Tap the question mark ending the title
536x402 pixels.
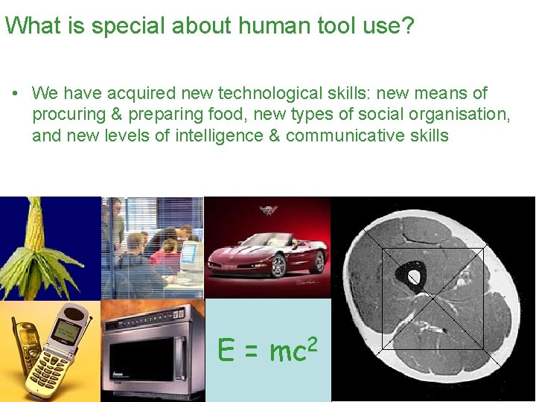pyautogui.click(x=408, y=27)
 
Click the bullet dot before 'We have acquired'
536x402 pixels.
pyautogui.click(x=14, y=94)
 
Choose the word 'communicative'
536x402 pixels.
pyautogui.click(x=346, y=135)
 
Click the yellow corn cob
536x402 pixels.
pyautogui.click(x=33, y=223)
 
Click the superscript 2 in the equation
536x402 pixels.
pyautogui.click(x=313, y=343)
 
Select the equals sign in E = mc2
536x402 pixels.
pyautogui.click(x=252, y=351)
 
